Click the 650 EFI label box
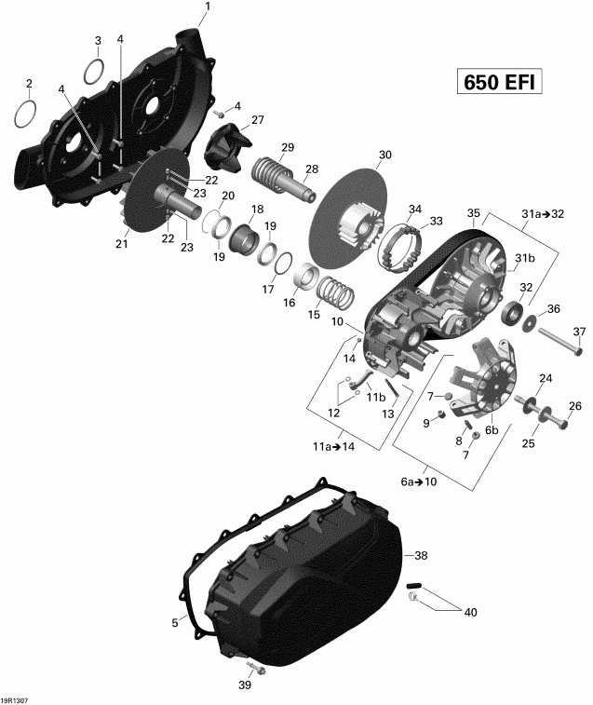pyautogui.click(x=499, y=82)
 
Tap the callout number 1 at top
pyautogui.click(x=207, y=7)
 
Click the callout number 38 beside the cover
pyautogui.click(x=421, y=555)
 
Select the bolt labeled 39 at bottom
pyautogui.click(x=254, y=669)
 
